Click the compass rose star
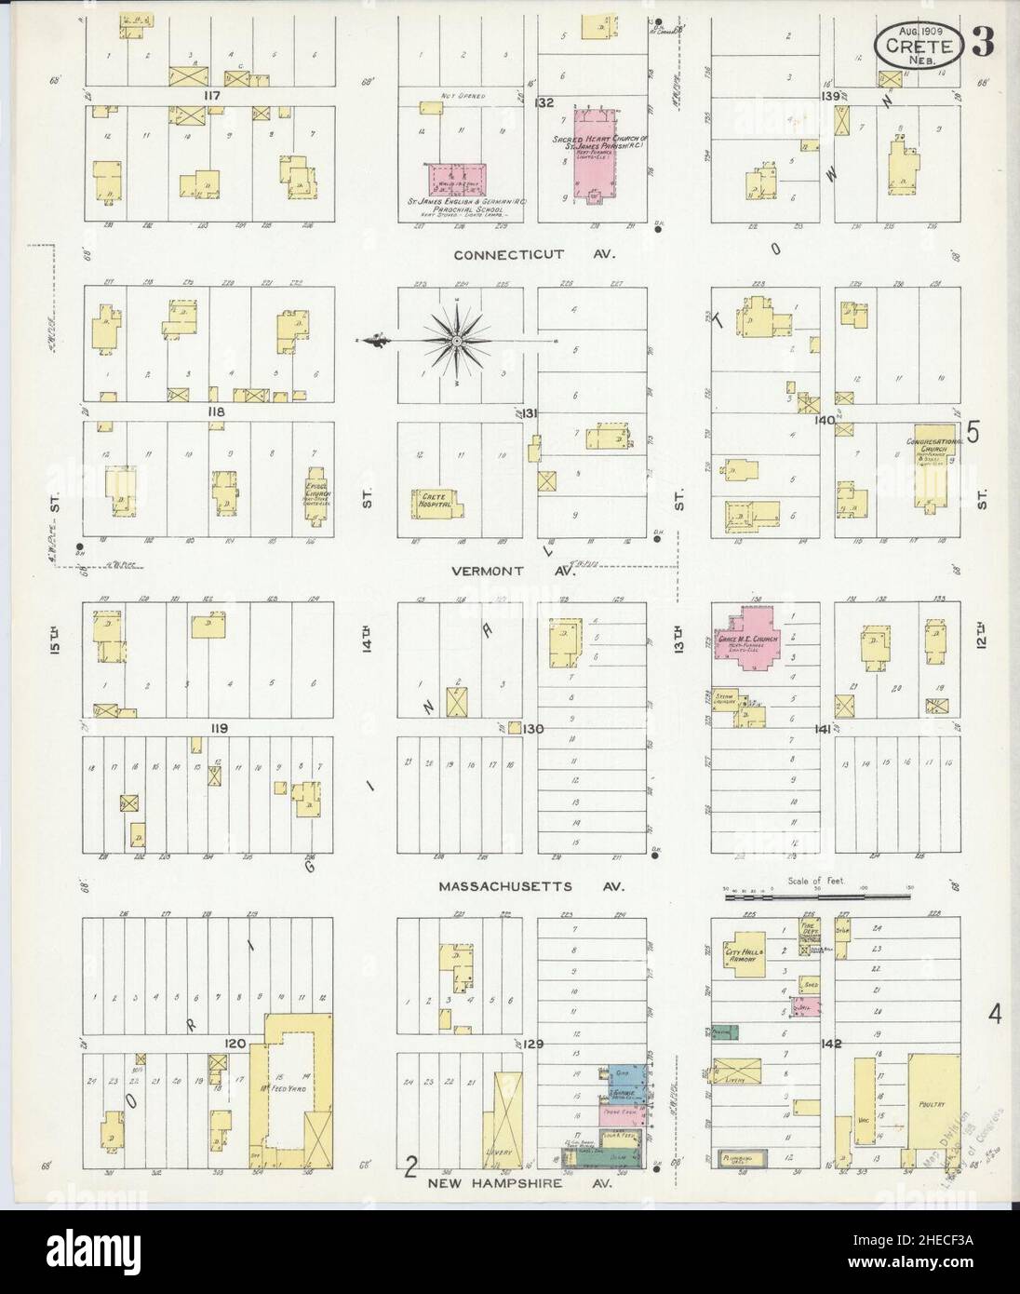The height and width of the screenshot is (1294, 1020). pyautogui.click(x=457, y=341)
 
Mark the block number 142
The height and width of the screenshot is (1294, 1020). pyautogui.click(x=830, y=1044)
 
